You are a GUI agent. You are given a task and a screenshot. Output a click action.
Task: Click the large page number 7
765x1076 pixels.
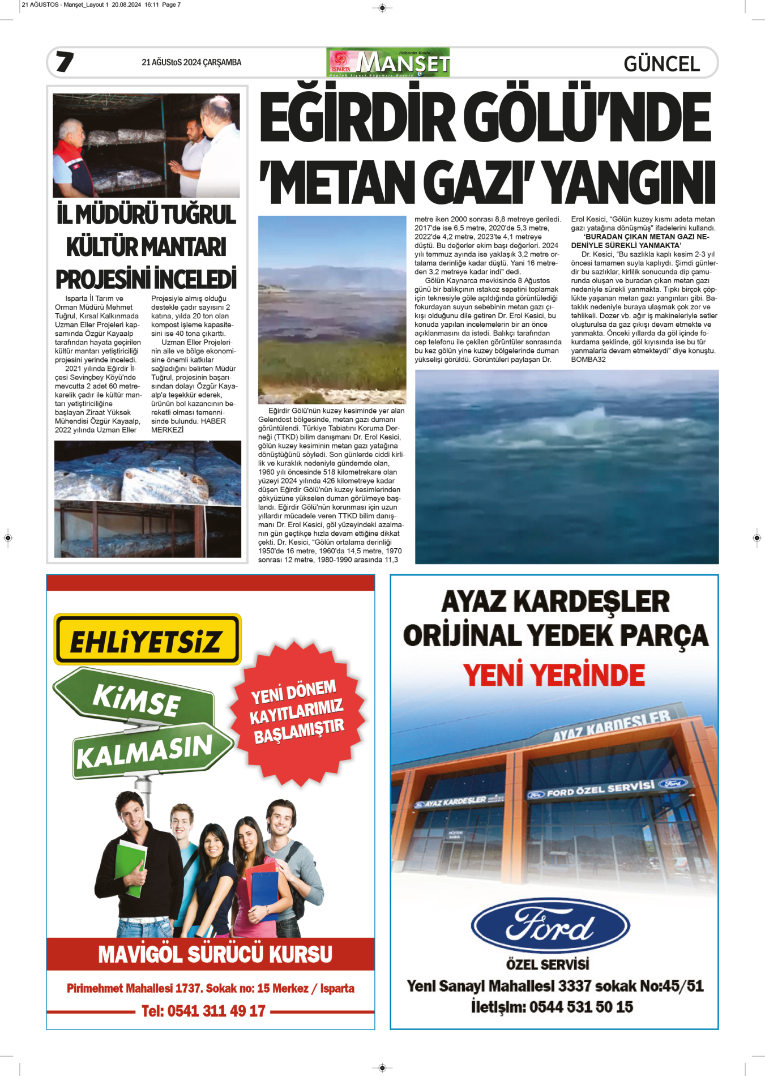(x=65, y=62)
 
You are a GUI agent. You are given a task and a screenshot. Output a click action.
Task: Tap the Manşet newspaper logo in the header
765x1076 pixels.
(x=388, y=62)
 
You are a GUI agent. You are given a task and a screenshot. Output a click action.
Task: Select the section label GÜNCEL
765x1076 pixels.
(x=661, y=63)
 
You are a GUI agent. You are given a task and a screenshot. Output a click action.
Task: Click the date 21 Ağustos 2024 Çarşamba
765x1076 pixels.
(x=191, y=62)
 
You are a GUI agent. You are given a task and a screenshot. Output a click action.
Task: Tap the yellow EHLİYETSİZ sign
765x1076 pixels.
(x=147, y=639)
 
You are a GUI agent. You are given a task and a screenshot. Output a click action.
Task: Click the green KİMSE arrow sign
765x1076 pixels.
(x=136, y=699)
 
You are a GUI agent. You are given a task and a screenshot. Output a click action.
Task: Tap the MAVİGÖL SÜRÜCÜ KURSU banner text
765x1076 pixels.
(x=215, y=954)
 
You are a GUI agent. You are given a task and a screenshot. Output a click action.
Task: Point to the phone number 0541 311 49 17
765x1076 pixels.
(x=203, y=1011)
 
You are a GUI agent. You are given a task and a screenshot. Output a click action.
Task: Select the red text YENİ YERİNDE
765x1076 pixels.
(x=554, y=675)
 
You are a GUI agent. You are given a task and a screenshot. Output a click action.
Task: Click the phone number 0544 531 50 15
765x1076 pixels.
(x=580, y=1007)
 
